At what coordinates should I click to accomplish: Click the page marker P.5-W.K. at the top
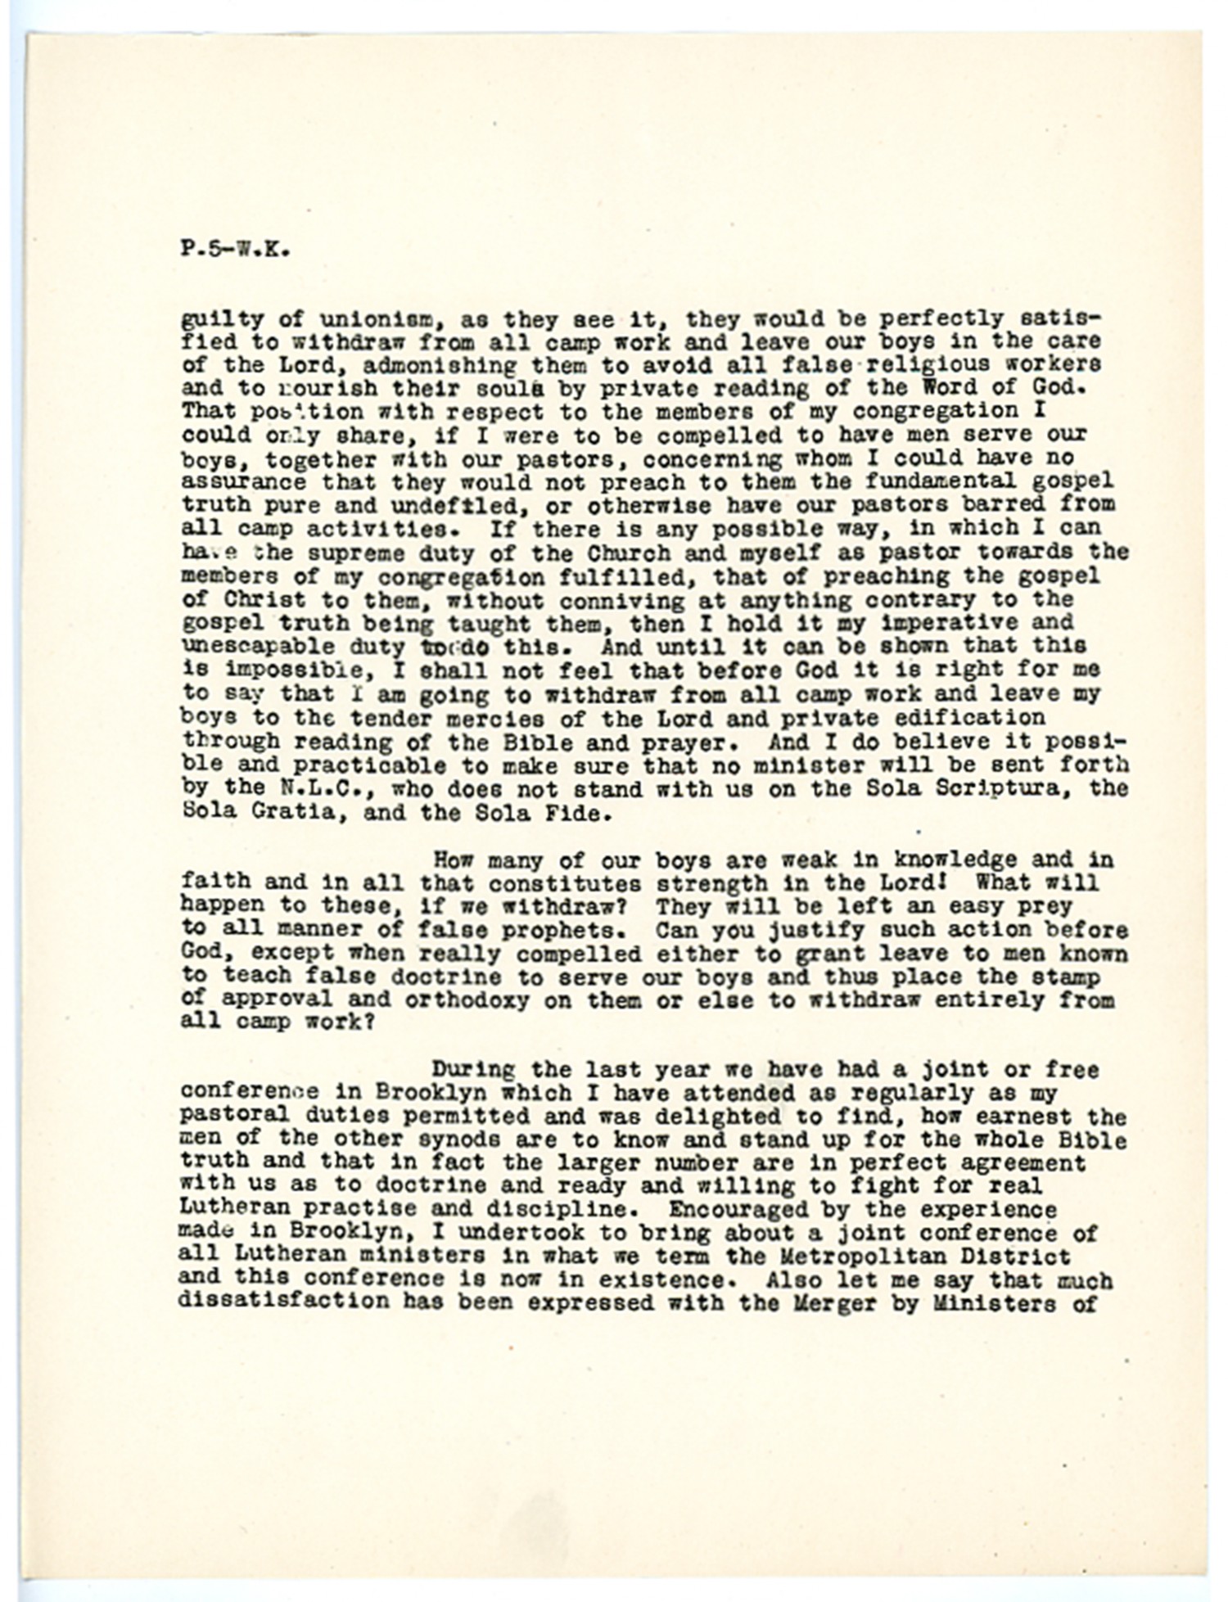[x=235, y=250]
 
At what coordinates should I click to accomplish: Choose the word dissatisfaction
[x=283, y=1302]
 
